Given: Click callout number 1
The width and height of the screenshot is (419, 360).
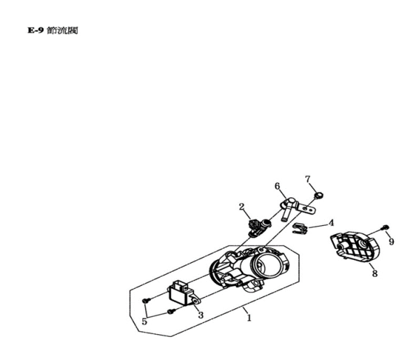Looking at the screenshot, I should [248, 317].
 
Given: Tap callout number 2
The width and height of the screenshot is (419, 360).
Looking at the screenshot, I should [242, 207].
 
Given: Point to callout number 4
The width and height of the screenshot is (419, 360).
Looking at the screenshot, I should [331, 223].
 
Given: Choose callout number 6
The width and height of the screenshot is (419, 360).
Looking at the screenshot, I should [277, 186].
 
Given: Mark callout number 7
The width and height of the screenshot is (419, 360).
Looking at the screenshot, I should [307, 180].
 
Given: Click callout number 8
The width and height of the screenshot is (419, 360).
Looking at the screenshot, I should [374, 274].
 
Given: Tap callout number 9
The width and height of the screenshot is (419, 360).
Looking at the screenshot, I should [391, 242].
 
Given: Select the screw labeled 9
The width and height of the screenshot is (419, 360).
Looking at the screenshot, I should [385, 228].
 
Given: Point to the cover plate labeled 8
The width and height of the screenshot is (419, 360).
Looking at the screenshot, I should [352, 247].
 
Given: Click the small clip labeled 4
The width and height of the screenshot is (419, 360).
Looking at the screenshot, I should [300, 229].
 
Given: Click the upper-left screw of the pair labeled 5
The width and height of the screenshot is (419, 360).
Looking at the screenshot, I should [145, 299].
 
